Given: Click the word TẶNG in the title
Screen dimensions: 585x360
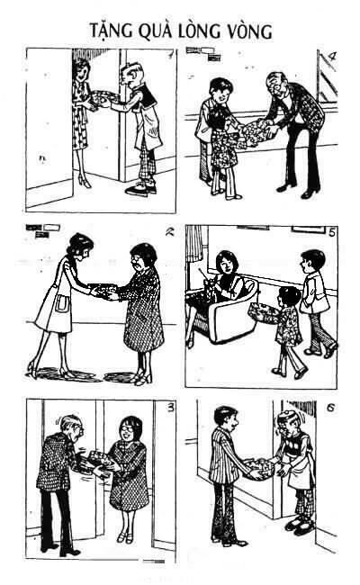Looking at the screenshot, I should click(x=115, y=30).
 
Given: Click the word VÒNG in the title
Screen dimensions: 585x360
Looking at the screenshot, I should click(x=243, y=30).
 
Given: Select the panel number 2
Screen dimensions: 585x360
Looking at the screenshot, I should click(x=166, y=230).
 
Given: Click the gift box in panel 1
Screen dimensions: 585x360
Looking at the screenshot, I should click(x=101, y=96).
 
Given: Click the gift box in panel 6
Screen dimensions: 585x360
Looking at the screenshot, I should click(x=262, y=467).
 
